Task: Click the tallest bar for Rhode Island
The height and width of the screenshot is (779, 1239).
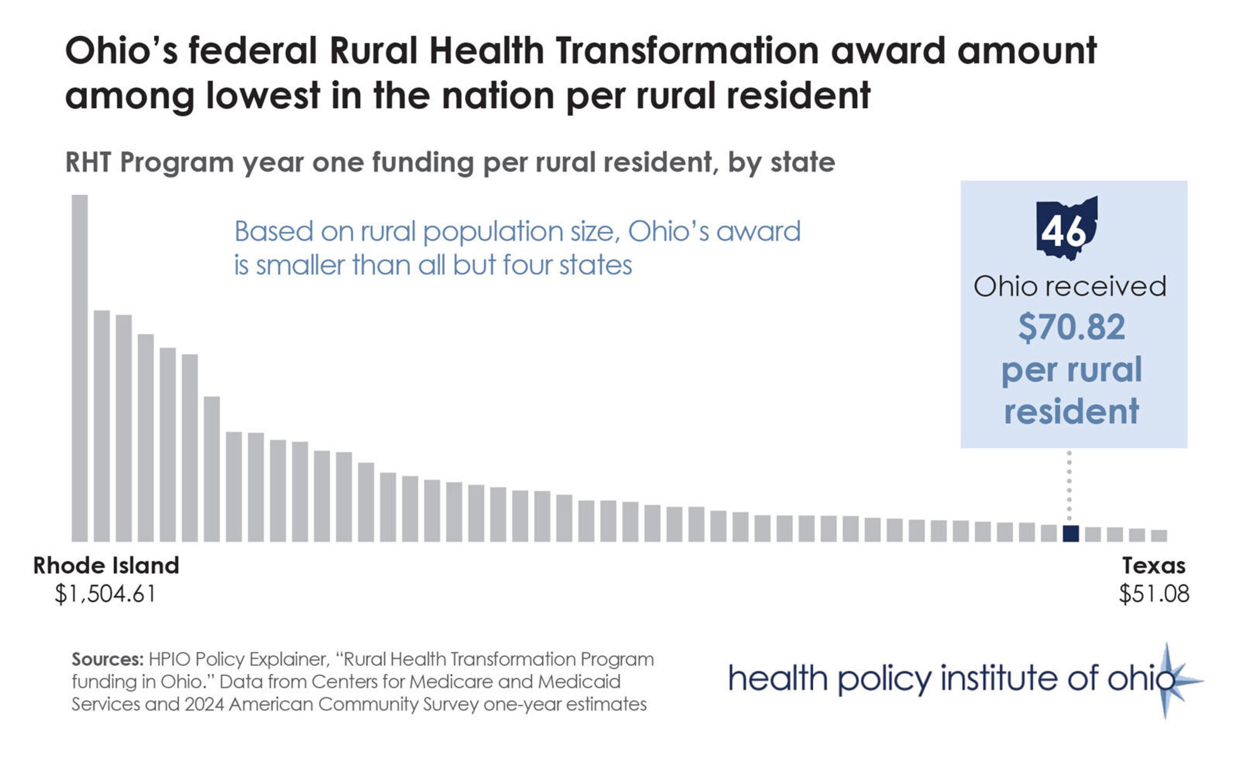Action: pos(79,368)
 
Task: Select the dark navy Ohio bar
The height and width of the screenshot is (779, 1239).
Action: pos(1071,534)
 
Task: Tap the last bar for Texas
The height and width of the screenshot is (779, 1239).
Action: pos(1159,535)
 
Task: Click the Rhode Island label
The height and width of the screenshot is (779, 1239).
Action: pos(106,566)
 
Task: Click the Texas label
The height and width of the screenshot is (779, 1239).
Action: pos(1154,566)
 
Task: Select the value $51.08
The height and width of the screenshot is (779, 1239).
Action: pos(1154,594)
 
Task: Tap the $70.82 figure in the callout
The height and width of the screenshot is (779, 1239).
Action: pos(1071,327)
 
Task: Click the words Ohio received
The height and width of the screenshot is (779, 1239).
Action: pos(1070,286)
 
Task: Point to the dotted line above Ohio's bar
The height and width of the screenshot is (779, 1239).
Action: pos(1069,486)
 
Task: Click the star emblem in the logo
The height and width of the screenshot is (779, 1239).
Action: pos(1167,681)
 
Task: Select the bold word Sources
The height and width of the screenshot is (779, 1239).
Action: pos(107,659)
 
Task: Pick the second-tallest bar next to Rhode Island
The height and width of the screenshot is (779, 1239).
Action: pos(101,426)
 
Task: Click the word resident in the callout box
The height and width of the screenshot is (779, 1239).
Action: pos(1071,412)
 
